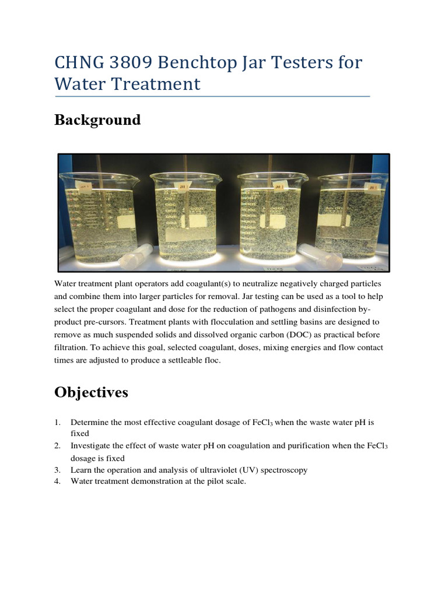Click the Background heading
pos(97,120)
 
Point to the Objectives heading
pos(91,393)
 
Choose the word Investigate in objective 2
pos(90,446)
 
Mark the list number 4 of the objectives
pos(57,482)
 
